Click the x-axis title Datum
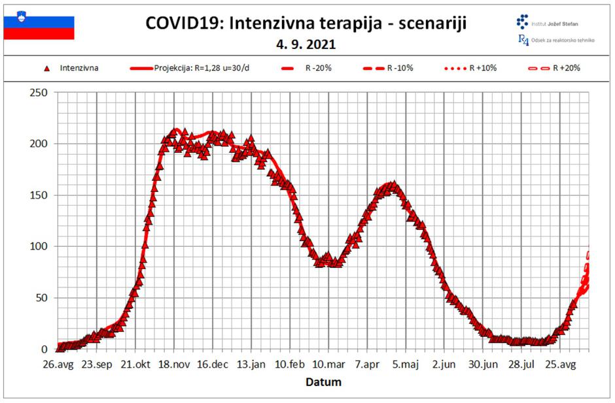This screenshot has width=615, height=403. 324,382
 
